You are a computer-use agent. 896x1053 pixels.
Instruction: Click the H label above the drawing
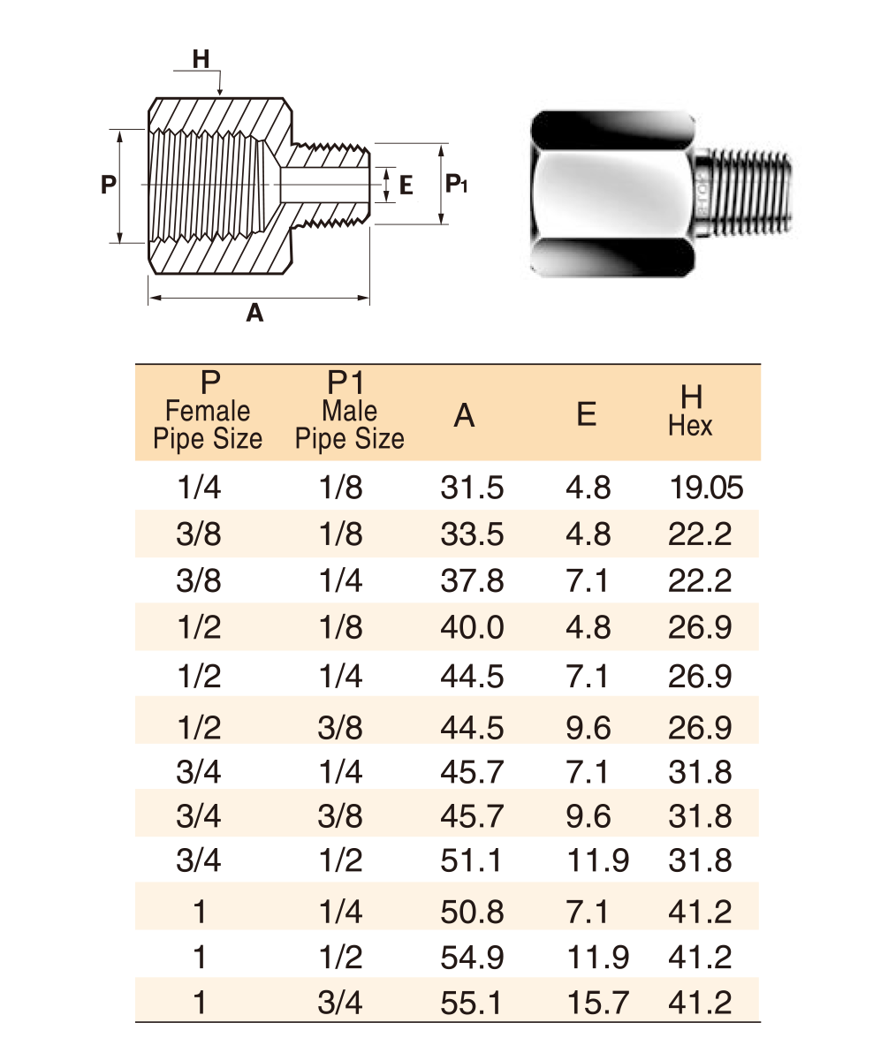(x=201, y=59)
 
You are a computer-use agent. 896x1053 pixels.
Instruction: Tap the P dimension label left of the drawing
(x=108, y=184)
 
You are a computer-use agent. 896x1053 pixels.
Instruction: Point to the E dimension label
(x=406, y=186)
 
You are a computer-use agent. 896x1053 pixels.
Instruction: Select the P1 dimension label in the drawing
(x=456, y=184)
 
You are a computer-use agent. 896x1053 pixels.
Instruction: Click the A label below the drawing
(x=254, y=312)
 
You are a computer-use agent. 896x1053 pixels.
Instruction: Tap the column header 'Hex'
(x=690, y=426)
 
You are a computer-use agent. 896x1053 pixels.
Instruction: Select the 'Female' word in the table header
(x=208, y=410)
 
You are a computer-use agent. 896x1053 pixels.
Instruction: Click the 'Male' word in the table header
(x=349, y=410)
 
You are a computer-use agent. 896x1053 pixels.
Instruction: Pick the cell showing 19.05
(x=707, y=488)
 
